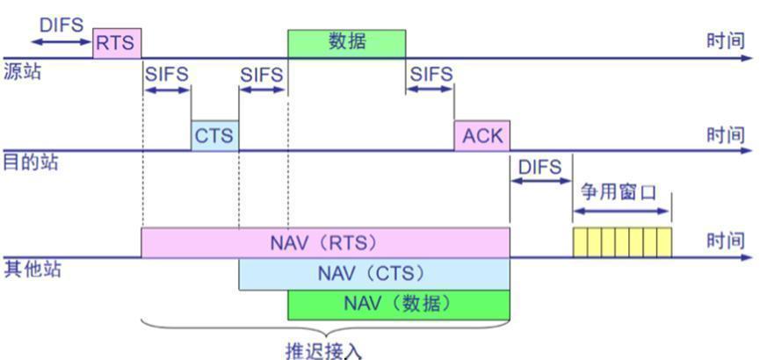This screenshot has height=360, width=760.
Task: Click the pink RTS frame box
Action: coord(117,43)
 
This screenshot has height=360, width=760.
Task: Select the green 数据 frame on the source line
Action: coord(346,44)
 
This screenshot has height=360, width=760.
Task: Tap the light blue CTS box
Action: coord(214,135)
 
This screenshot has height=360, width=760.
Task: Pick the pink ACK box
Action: coord(481,135)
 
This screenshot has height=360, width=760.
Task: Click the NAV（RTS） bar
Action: coord(325,242)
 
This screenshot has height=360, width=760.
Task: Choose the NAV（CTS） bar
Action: coord(374,274)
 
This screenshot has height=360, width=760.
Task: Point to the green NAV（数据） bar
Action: coord(398,305)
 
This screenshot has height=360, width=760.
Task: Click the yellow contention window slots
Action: coord(622,242)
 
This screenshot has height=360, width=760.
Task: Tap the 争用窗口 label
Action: coord(619,193)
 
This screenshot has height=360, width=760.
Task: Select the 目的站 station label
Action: coord(31,162)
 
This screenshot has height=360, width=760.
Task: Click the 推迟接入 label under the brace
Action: coord(323,350)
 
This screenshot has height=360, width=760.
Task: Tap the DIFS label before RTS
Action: coord(62,25)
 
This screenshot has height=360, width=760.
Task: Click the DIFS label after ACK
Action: coord(540,167)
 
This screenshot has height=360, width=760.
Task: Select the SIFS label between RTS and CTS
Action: coord(166,75)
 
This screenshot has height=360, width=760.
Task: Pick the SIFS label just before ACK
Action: coord(431,75)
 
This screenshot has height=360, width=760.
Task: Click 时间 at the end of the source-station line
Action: coord(725,41)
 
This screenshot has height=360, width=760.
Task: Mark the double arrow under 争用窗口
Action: coord(622,212)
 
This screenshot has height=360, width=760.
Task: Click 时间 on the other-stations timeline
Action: coord(725,241)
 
